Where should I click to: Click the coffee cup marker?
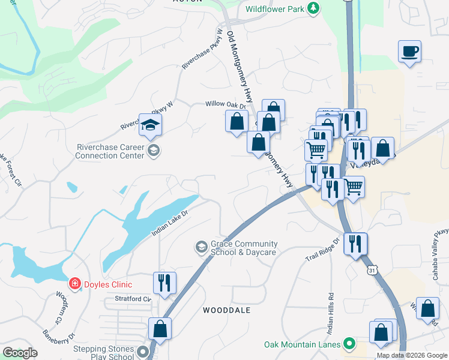pos(409,51)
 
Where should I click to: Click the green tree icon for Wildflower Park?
pos(312,8)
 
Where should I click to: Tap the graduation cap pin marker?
pos(150,125)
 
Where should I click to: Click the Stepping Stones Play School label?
pos(103,352)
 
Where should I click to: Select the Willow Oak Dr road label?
pos(226,104)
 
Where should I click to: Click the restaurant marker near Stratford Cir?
pos(164,283)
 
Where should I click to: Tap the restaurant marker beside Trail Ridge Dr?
pos(355,244)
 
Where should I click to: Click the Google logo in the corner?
pos(20,353)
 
